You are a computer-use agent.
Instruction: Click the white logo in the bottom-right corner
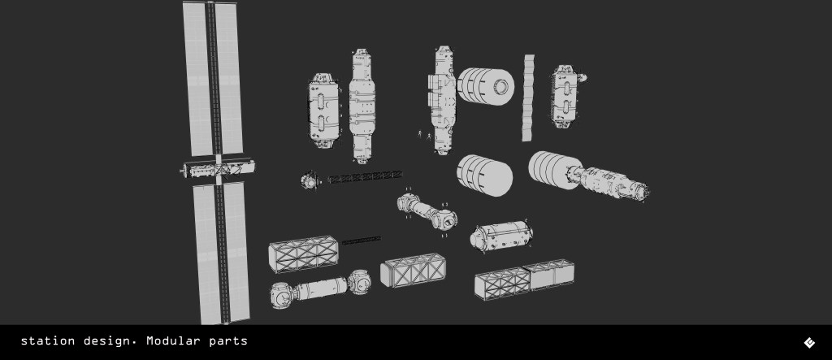pos(809,342)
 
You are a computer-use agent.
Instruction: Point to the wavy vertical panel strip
pos(528,98)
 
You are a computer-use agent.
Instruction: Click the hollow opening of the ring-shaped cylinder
pos(501,87)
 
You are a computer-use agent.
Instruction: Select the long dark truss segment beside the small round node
pos(365,177)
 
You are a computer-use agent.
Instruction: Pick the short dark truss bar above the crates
pos(361,241)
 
